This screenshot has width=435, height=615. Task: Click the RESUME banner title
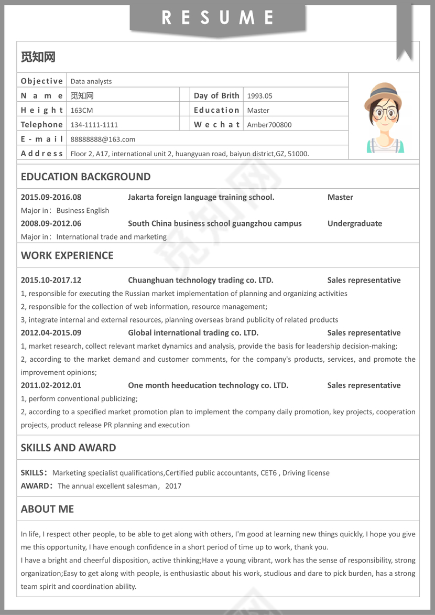[x=217, y=18]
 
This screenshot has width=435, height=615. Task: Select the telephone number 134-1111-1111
[x=94, y=125]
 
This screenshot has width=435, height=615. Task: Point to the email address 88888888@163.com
[x=103, y=139]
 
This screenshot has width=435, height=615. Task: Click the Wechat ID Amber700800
[x=269, y=125]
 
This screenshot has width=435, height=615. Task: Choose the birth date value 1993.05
[x=259, y=96]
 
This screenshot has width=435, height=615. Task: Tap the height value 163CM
[x=82, y=111]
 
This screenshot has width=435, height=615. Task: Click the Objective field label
[x=42, y=81]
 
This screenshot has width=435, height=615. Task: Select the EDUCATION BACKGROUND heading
[x=85, y=177]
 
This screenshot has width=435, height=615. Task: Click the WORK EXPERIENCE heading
[x=67, y=255]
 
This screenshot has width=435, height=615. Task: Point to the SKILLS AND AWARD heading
[x=68, y=448]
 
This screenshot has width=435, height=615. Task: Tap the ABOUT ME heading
[x=47, y=509]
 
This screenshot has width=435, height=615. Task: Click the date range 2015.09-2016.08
[x=51, y=198]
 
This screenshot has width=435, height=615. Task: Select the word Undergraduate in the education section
[x=355, y=224]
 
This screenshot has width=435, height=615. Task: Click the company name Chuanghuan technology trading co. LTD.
[x=201, y=280]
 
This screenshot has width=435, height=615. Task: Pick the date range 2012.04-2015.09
[x=51, y=333]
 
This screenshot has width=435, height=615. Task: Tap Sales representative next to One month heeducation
[x=364, y=385]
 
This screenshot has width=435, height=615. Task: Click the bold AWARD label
[x=35, y=486]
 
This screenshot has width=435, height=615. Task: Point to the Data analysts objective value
[x=91, y=81]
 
